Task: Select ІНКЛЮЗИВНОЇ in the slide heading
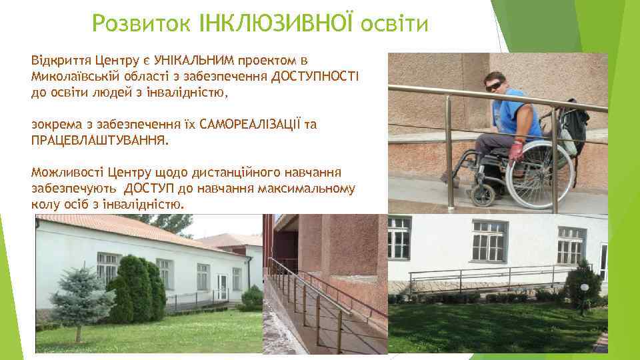pyautogui.click(x=277, y=24)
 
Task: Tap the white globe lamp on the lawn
pyautogui.click(x=584, y=287)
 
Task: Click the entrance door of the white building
pyautogui.click(x=221, y=287)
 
